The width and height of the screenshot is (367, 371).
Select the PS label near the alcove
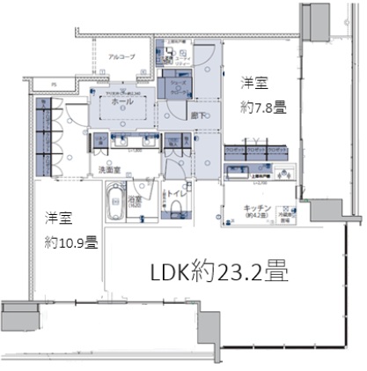pyautogui.click(x=52, y=84)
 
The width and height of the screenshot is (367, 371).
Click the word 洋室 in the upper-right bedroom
pyautogui.click(x=256, y=84)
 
